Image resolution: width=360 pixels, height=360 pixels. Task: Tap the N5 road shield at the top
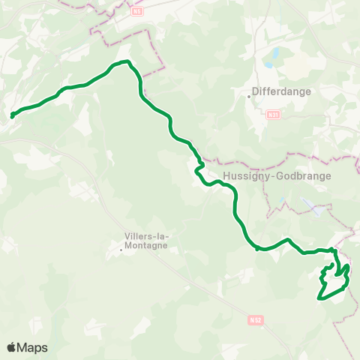tap(136, 11)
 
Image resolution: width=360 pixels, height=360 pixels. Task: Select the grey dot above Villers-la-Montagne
tap(121, 249)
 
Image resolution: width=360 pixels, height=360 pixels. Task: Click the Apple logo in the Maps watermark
tap(12, 347)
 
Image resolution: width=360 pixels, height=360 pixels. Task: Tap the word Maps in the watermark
tap(33, 347)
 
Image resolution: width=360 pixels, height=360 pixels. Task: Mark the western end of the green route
tap(12, 115)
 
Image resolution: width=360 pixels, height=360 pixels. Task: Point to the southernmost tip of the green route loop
tap(322, 298)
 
